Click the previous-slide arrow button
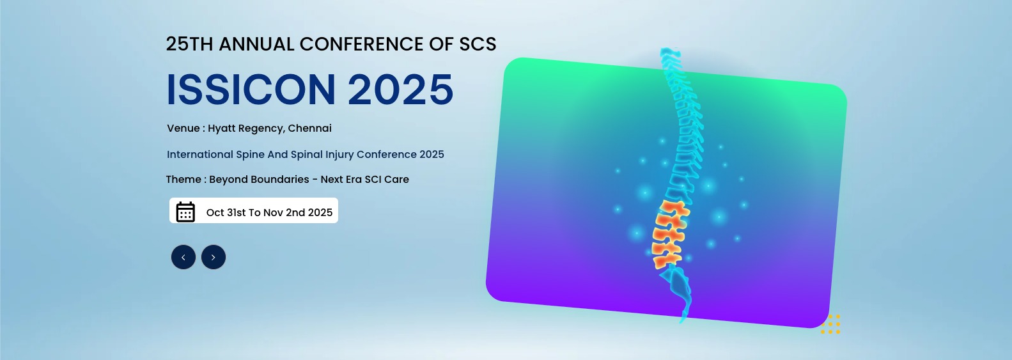[183, 257]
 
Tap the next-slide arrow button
[214, 257]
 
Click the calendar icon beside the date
[185, 212]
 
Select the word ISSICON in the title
[251, 90]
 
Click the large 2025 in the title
[400, 90]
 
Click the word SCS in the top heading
[478, 44]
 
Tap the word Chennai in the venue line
[309, 129]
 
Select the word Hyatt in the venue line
[221, 129]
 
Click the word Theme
[183, 179]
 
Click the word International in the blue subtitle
[200, 155]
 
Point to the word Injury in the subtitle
[339, 155]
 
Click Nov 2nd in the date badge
[284, 212]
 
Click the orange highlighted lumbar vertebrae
[670, 234]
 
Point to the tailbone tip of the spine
[682, 322]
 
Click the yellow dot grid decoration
[830, 324]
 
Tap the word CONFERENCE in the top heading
[361, 44]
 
